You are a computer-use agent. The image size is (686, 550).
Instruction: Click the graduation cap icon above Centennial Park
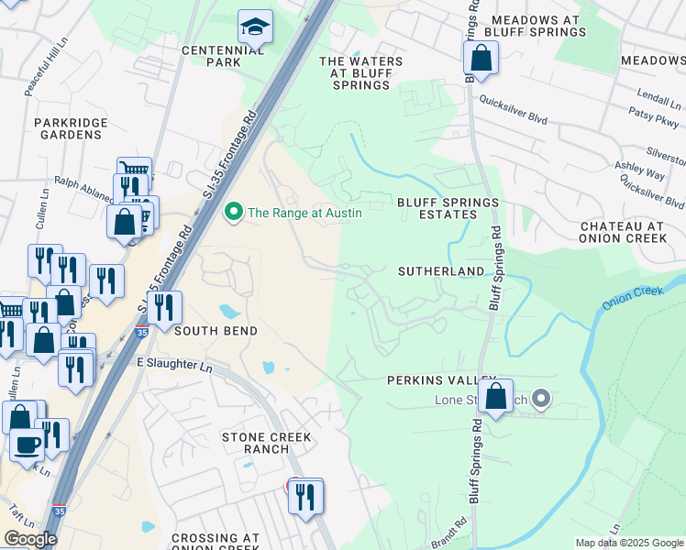[x=256, y=27]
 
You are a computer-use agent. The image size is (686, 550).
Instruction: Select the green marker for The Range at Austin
[x=234, y=213]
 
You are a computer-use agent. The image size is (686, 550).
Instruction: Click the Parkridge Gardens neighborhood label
[x=71, y=128]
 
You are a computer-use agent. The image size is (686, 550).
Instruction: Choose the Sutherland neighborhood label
[x=440, y=272]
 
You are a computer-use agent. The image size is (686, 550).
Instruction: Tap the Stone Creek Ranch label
[x=267, y=444]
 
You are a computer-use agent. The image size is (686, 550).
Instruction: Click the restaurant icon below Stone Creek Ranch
[x=305, y=496]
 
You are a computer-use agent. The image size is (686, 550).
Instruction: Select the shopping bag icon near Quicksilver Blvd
[x=481, y=60]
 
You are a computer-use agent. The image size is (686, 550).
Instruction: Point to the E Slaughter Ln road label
[x=174, y=365]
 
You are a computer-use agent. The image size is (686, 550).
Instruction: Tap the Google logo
[x=30, y=539]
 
